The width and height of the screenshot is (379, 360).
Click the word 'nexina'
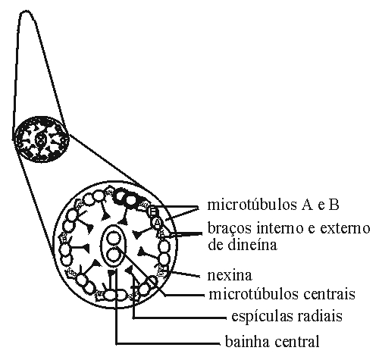coord(230,275)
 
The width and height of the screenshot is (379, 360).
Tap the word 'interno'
coord(280,228)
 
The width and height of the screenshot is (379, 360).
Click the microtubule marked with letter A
coord(158,222)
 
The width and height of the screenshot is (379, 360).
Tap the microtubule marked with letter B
coord(153,211)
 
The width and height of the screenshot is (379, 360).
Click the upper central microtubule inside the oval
coord(113,239)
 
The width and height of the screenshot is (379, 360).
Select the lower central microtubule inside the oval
coord(113,255)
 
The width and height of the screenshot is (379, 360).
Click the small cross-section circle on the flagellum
coord(41,139)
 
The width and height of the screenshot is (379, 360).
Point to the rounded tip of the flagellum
coord(25,12)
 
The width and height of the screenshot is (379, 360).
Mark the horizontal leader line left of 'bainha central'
coord(168,343)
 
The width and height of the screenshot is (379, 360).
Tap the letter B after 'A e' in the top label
coord(334,205)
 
